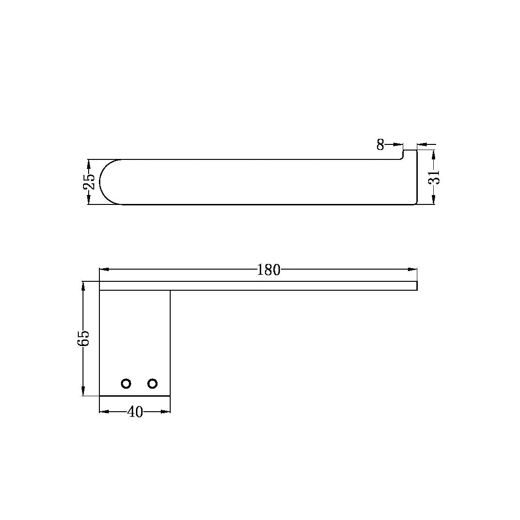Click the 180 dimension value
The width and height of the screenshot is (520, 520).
tap(269, 270)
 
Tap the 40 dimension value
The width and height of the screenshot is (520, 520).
tap(136, 412)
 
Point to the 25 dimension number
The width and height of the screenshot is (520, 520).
tap(89, 182)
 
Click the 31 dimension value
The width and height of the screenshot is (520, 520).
tap(434, 177)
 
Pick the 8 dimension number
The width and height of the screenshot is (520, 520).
tap(380, 144)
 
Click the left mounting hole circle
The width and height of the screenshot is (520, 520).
tap(126, 384)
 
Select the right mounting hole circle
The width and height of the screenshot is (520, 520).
tap(152, 384)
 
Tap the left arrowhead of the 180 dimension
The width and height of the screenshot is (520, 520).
tap(104, 270)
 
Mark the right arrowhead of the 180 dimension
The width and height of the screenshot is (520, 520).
tap(412, 270)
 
